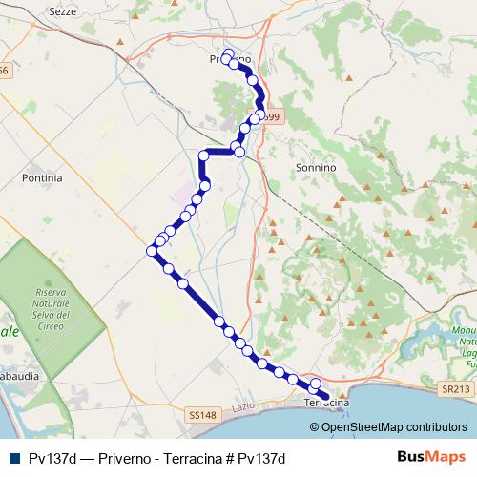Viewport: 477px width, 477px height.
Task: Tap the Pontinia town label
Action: pos(41,177)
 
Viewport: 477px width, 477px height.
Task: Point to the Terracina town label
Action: pos(326,404)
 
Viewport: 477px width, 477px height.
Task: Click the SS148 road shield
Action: pos(203,415)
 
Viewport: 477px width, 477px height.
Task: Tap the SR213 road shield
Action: pos(457,389)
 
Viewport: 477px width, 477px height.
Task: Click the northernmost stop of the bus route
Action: pos(228,53)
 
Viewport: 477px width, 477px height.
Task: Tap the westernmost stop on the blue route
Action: pos(151,250)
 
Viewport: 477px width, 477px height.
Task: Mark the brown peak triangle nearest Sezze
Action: pos(119,44)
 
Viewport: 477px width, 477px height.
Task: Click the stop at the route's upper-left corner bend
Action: pos(203,154)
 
